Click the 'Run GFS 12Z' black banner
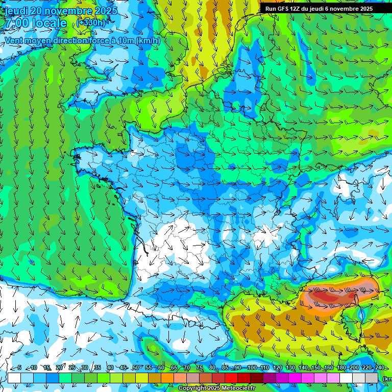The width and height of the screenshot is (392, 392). click(x=319, y=9)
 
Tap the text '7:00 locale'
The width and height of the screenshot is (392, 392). click(x=36, y=23)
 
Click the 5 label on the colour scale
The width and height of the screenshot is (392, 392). click(x=19, y=367)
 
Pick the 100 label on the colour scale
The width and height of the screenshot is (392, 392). click(x=252, y=367)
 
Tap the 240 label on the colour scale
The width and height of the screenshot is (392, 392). click(x=379, y=367)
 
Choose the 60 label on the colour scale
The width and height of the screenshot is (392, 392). click(x=161, y=367)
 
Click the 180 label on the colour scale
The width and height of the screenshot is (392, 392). click(x=341, y=367)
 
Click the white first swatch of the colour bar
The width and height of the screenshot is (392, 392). click(x=14, y=378)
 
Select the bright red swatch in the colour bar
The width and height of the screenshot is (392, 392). click(x=231, y=378)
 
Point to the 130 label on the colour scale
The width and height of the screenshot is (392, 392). click(x=290, y=367)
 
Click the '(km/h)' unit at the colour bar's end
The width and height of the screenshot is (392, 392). click(x=387, y=378)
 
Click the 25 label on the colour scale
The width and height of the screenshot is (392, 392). click(x=72, y=367)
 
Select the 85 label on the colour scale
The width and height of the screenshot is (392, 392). click(x=225, y=367)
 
